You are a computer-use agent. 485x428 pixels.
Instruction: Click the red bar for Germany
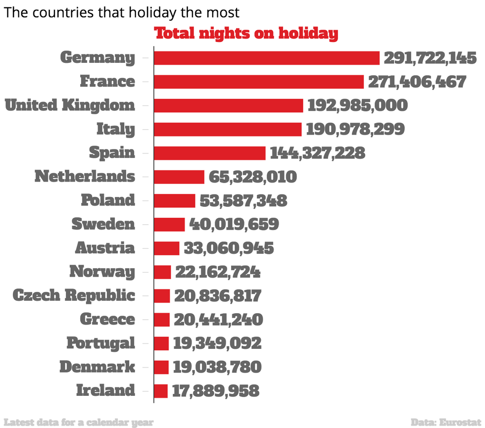tap(267, 58)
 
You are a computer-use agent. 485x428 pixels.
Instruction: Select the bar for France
tap(259, 82)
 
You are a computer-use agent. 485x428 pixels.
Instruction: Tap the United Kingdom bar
tap(228, 105)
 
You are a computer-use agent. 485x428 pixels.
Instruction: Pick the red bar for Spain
tap(210, 153)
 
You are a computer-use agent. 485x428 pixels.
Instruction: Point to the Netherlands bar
tap(179, 177)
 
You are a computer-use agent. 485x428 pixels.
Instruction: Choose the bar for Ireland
tap(161, 391)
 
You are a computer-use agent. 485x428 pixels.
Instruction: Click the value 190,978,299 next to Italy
tap(355, 129)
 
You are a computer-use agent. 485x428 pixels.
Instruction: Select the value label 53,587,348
tap(243, 200)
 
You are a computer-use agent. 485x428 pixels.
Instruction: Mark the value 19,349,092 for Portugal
tap(217, 343)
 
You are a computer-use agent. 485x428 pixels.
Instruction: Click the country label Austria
tap(104, 248)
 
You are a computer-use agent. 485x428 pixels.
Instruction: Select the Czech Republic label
tap(73, 295)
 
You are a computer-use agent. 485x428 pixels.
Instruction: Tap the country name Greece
tap(107, 319)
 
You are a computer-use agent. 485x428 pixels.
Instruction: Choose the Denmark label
tap(97, 367)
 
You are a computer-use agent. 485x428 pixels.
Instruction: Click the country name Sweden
tap(103, 224)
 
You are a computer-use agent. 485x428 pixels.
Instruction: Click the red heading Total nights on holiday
tap(246, 34)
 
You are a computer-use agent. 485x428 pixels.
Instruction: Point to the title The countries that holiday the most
tap(122, 12)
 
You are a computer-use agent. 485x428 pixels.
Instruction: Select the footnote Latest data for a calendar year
tap(79, 422)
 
